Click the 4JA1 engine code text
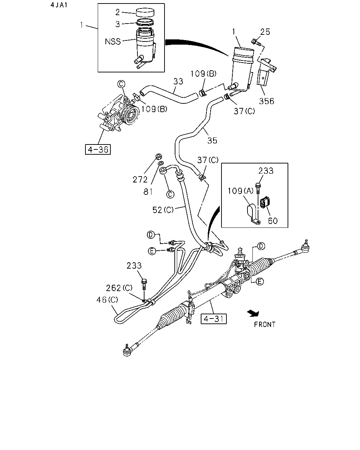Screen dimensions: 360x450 [x=59, y=5]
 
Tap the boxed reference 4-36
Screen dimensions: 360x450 [x=98, y=149]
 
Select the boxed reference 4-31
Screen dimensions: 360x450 [x=213, y=319]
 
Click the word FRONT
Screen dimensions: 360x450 [x=265, y=324]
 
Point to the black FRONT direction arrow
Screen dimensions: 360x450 [x=253, y=313]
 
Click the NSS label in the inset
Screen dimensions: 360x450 [x=113, y=41]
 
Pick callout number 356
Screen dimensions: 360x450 [x=266, y=101]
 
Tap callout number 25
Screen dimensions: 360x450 [x=265, y=32]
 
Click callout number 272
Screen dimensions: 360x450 [x=140, y=179]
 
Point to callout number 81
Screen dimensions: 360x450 [x=148, y=192]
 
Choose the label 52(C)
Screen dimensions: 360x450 [x=163, y=210]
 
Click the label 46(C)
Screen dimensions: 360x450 [x=107, y=300]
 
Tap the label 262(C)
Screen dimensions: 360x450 [x=119, y=288]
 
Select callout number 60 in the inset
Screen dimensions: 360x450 [x=273, y=221]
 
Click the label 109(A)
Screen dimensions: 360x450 [x=240, y=191]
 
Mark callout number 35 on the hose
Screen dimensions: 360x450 [x=212, y=141]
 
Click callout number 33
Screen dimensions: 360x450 [x=178, y=81]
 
